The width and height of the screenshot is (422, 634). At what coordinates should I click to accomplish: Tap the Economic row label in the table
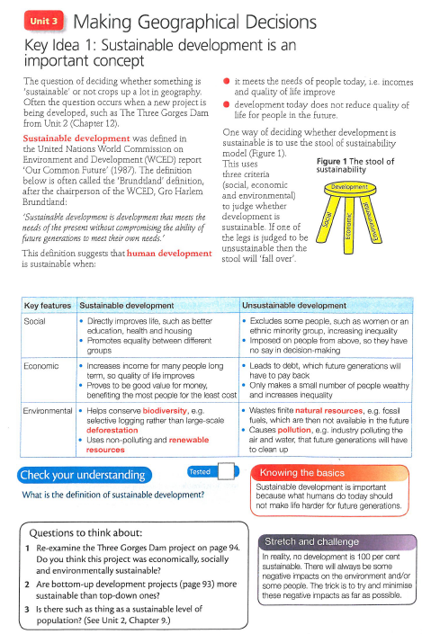pos(40,366)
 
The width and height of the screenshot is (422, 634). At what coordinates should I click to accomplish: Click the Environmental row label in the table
pos(48,410)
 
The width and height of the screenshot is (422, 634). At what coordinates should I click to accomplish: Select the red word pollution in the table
pos(293,430)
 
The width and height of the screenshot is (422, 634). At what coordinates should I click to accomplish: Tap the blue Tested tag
pos(200,470)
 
